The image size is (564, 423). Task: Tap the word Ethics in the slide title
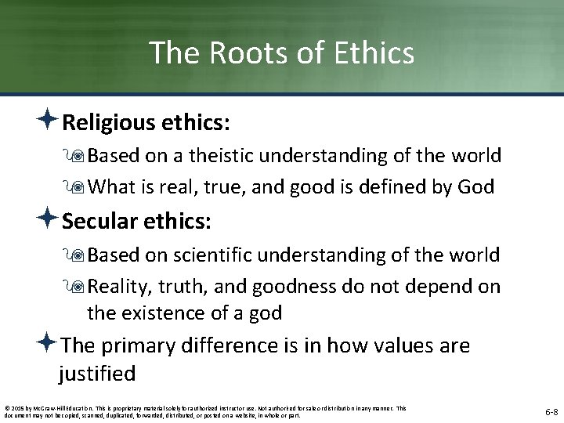pyautogui.click(x=369, y=52)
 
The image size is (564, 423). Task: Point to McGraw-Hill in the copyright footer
pyautogui.click(x=50, y=407)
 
